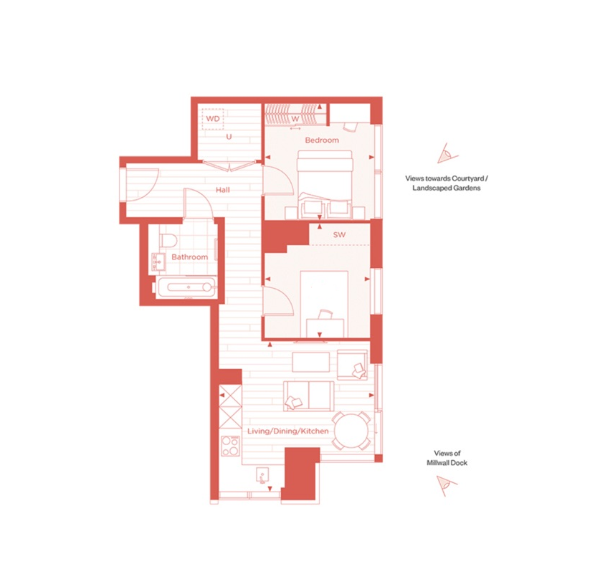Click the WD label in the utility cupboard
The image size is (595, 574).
(213, 119)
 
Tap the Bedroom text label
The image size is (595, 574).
(322, 140)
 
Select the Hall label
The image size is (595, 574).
(223, 190)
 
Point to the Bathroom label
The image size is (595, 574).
(189, 257)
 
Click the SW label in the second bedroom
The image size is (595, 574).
(339, 235)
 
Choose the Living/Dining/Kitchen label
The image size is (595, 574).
(287, 431)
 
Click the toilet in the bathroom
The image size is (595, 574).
(168, 241)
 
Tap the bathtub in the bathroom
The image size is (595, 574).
(186, 287)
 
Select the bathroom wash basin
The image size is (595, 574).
(158, 262)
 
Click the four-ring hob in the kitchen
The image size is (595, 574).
(230, 446)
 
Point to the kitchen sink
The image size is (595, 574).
(262, 475)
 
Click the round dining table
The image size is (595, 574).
(351, 431)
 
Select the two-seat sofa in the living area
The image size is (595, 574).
(309, 396)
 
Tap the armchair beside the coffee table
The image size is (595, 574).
(352, 365)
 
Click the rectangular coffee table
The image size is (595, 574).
(311, 362)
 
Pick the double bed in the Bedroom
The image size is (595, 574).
(325, 184)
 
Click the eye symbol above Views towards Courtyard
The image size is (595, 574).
(447, 153)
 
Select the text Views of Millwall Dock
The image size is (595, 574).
(447, 458)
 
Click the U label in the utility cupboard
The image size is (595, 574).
(229, 137)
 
